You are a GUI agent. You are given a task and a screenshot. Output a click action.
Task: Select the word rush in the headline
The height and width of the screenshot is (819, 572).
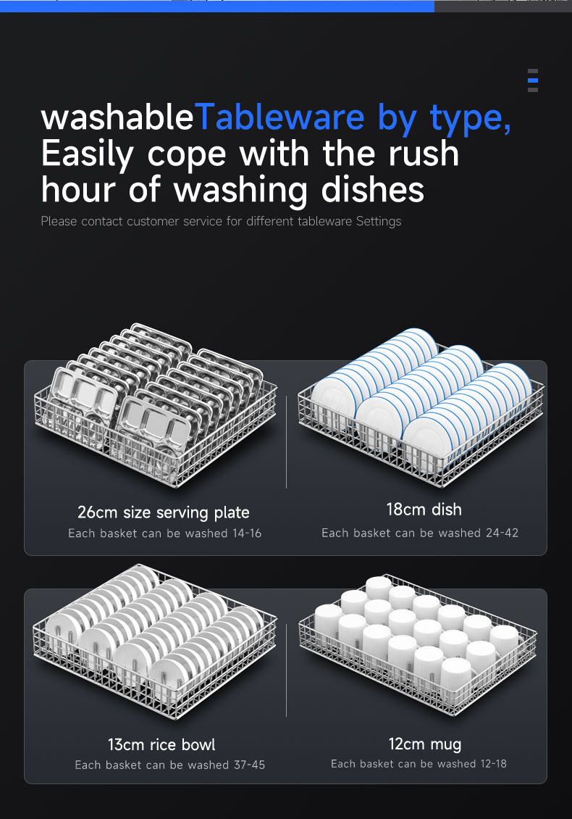[x=424, y=154]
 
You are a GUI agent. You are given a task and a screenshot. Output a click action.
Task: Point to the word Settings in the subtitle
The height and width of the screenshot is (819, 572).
[x=379, y=222]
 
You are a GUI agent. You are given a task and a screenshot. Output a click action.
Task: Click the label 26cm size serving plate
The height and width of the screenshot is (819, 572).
[x=164, y=512]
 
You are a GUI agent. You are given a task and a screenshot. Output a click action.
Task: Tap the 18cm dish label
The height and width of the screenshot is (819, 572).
[x=424, y=510]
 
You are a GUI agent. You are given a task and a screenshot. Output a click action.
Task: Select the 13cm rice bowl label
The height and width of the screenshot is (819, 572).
[x=161, y=744]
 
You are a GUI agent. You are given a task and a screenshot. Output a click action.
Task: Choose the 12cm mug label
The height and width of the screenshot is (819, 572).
[x=425, y=744]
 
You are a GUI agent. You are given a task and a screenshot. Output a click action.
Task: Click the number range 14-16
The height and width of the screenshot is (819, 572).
[x=248, y=533]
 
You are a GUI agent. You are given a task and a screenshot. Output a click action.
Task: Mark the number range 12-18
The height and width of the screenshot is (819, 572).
[x=493, y=764]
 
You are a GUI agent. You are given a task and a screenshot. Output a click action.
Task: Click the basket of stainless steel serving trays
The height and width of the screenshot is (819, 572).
[x=156, y=405]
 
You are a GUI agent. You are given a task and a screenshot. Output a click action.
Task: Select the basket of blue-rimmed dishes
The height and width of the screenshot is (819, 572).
[x=421, y=407]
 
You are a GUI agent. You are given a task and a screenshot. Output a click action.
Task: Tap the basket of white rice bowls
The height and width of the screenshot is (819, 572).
[x=154, y=641]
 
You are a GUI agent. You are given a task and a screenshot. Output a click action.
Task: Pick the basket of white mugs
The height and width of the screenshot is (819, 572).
[x=418, y=644]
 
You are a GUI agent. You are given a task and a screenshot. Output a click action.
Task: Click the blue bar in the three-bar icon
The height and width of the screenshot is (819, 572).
[x=533, y=80]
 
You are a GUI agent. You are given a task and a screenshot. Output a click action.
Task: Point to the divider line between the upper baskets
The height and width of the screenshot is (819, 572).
[x=287, y=442]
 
